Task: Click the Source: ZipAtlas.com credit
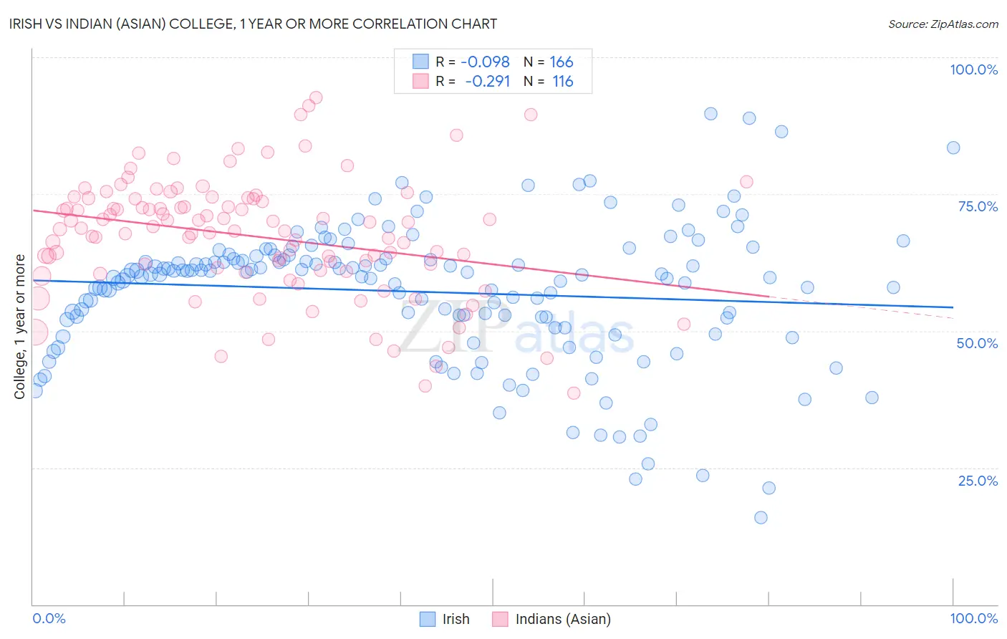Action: pos(943,24)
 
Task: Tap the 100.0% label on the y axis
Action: pos(973,69)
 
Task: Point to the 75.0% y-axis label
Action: pos(978,206)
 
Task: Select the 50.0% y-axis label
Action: pos(977,343)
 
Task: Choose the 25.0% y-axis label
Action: pos(978,481)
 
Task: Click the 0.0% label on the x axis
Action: pos(49,618)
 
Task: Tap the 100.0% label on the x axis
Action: pos(973,618)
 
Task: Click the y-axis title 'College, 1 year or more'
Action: pos(20,327)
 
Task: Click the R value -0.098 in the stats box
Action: pos(485,62)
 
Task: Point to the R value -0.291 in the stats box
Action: pos(487,82)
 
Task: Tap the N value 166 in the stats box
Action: pos(562,62)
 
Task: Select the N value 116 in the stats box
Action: pos(562,82)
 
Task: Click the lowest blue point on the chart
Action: pos(761,517)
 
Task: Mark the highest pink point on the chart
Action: pos(316,97)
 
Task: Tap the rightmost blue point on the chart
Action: pos(953,148)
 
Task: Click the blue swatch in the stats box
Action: pos(420,62)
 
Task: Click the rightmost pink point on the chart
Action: pos(746,182)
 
